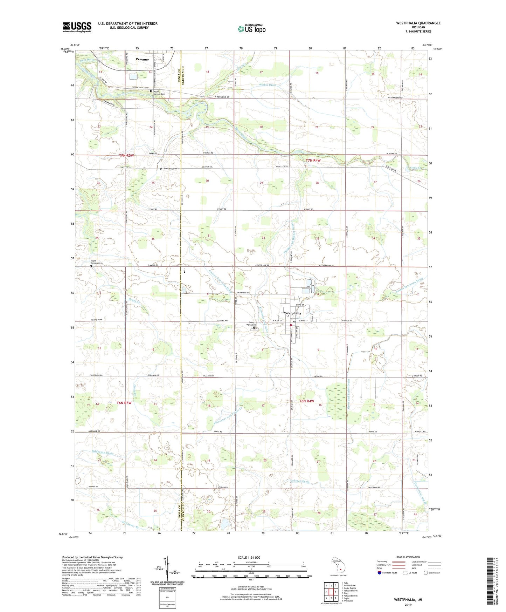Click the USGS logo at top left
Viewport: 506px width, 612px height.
(x=77, y=27)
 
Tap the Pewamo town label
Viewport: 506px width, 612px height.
(x=142, y=59)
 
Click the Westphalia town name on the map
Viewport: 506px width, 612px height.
(x=292, y=313)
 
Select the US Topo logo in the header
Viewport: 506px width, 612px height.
(x=251, y=29)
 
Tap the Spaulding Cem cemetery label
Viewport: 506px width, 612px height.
(x=170, y=169)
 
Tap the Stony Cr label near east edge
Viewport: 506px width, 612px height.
(x=416, y=169)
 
